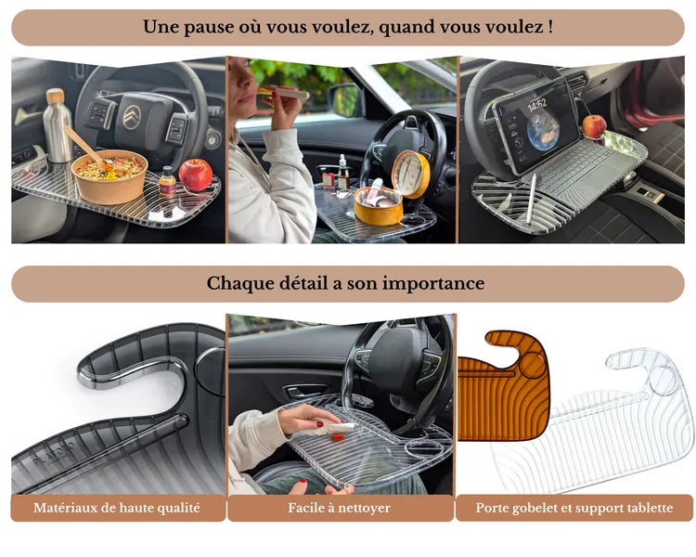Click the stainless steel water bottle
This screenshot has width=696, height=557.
tap(58, 126)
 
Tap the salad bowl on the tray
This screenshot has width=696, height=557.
tap(110, 176)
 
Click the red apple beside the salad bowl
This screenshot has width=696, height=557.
tap(195, 175)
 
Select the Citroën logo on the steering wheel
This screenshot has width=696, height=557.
tap(132, 117)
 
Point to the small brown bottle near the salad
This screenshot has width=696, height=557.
tap(167, 181)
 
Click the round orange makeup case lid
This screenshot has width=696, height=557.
tap(411, 173)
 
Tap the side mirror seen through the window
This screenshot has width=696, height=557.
tap(344, 99)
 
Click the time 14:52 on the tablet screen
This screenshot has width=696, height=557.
tap(536, 105)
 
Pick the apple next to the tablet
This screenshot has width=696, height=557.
tap(594, 126)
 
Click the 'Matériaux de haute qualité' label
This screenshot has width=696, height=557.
tap(117, 508)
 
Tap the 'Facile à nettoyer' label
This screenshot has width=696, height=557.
tap(339, 508)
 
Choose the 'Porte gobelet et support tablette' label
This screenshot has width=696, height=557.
tap(574, 508)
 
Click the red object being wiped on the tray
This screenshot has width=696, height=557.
tap(338, 437)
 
